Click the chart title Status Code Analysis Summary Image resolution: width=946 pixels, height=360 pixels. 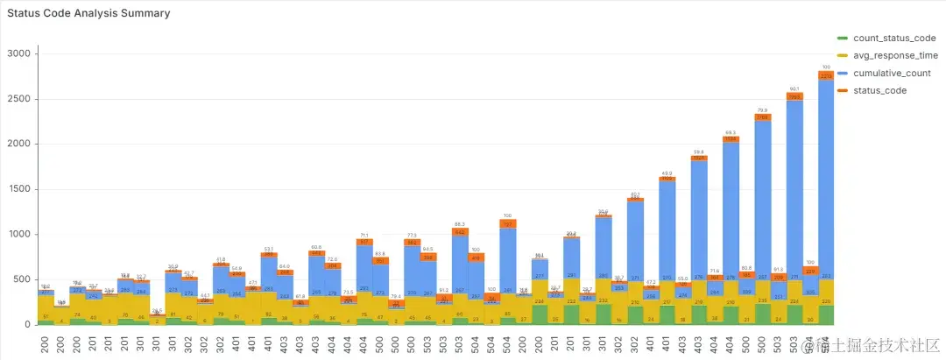(88, 13)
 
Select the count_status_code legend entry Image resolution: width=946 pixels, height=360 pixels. (893, 38)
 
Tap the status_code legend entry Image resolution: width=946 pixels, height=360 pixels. (880, 90)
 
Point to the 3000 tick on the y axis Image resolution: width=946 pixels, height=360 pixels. (20, 53)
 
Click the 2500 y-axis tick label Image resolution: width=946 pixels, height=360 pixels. (20, 99)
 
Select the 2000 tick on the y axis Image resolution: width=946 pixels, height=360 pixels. (20, 144)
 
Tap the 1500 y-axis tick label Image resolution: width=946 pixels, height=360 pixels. (20, 189)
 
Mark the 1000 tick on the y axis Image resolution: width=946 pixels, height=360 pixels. (20, 235)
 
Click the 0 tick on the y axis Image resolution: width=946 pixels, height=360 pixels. (28, 325)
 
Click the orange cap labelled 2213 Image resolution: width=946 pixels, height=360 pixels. (826, 75)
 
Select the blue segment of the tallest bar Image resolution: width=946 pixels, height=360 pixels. (826, 175)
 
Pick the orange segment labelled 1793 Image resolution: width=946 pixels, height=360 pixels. (794, 97)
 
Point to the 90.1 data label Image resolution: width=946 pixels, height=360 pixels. (794, 89)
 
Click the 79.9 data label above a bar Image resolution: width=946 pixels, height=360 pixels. (762, 110)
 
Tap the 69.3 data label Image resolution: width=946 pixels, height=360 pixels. (731, 132)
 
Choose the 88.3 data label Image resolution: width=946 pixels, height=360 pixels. (460, 224)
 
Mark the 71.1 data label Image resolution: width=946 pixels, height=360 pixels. (364, 236)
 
